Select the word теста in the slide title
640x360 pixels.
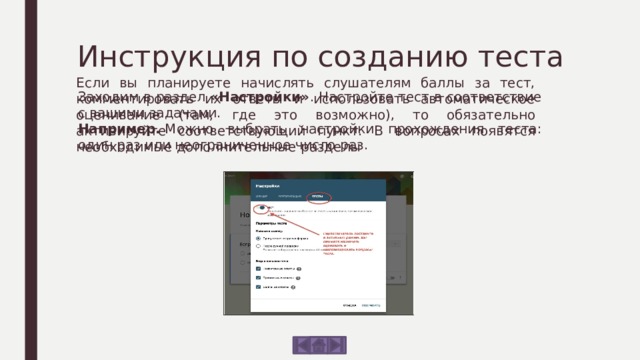[x=524, y=53]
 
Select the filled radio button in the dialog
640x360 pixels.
[x=260, y=238]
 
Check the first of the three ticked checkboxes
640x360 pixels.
[x=260, y=268]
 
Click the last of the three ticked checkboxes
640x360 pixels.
[x=260, y=287]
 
